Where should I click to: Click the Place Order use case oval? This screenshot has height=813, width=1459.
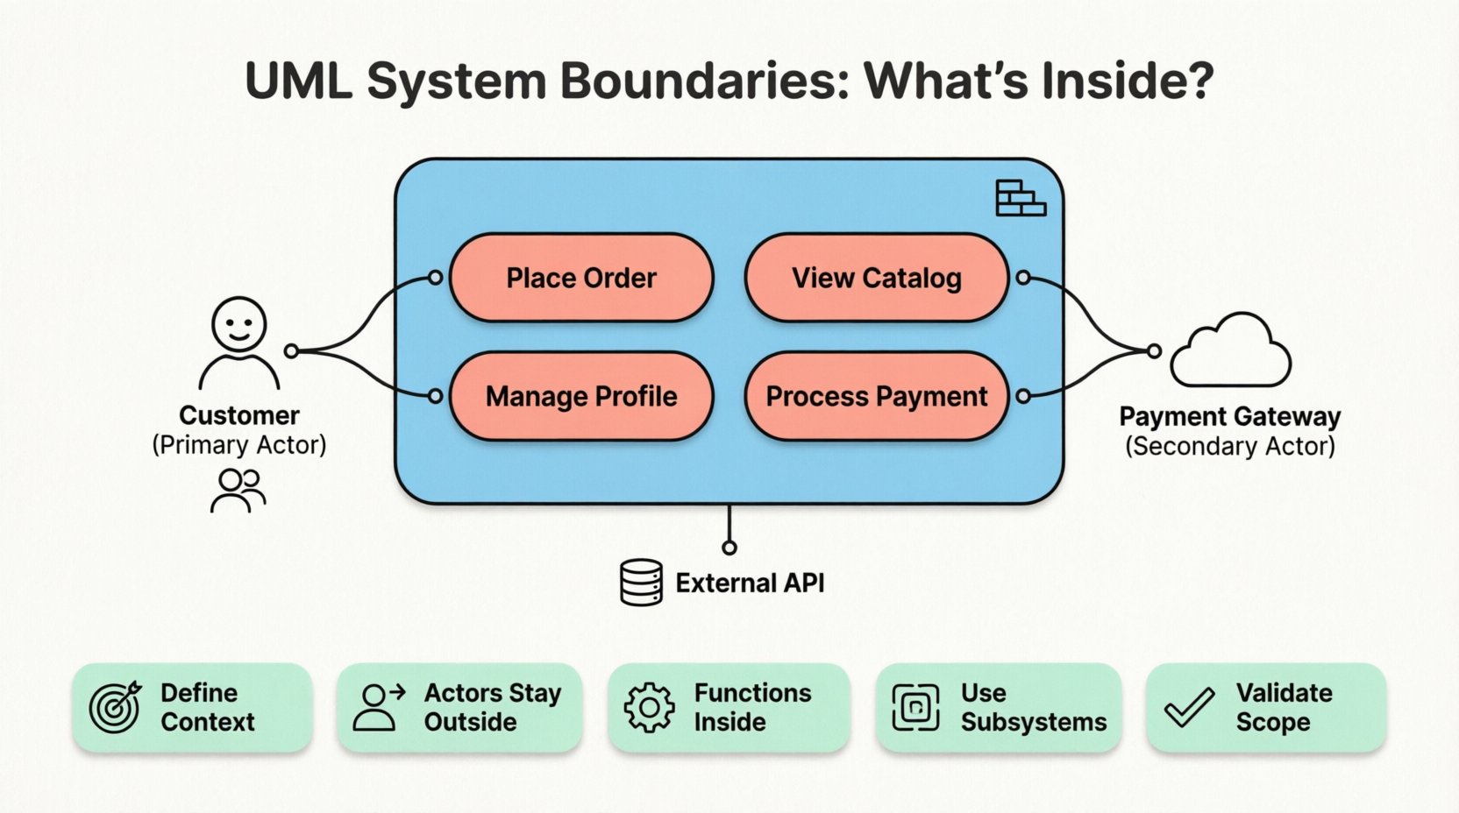pos(581,278)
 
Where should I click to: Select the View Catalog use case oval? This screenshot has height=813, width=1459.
pos(876,278)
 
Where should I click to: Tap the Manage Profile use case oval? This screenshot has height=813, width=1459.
pos(581,396)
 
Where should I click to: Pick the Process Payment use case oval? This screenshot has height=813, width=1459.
pos(876,396)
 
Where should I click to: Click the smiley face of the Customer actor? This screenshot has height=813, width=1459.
pos(238,324)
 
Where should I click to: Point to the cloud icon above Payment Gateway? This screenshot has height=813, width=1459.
pos(1231,352)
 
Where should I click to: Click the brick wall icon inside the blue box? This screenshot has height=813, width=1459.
pos(1021,198)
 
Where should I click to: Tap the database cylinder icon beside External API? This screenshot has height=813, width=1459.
pos(641,583)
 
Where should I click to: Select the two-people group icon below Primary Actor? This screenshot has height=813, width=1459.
pos(238,491)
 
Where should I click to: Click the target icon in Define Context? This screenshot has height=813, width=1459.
pos(115,706)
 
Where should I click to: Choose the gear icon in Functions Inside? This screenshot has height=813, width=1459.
pos(649,707)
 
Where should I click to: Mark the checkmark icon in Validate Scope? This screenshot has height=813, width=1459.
pos(1190,707)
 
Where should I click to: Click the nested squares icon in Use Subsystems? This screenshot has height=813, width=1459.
pos(915,707)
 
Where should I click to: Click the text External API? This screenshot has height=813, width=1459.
pos(750,583)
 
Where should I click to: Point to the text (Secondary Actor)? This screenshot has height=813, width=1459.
pos(1229,446)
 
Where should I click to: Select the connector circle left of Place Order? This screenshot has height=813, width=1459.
pos(435,278)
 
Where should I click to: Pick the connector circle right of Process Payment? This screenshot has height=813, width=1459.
pos(1023,396)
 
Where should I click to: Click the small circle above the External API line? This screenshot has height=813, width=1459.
pos(729,548)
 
